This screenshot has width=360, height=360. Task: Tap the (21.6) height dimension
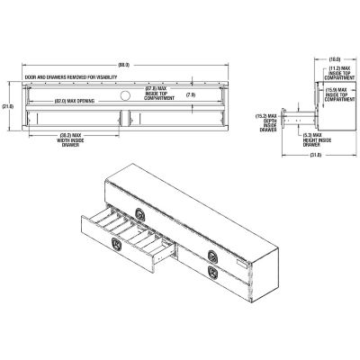9,105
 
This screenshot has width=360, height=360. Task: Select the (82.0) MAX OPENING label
74,100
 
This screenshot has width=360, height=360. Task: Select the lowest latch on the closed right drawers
212,271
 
